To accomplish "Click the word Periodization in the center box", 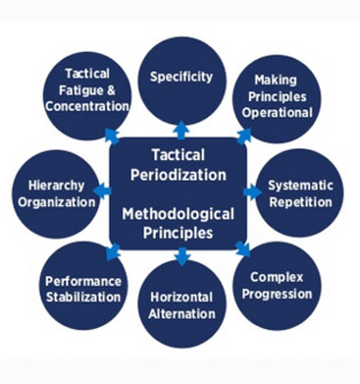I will pos(182,176).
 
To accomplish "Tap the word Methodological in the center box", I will pos(182,214).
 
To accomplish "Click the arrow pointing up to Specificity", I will pos(181,128).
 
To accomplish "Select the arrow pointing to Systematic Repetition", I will pos(249,190).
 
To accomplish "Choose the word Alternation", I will pos(181,314).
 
